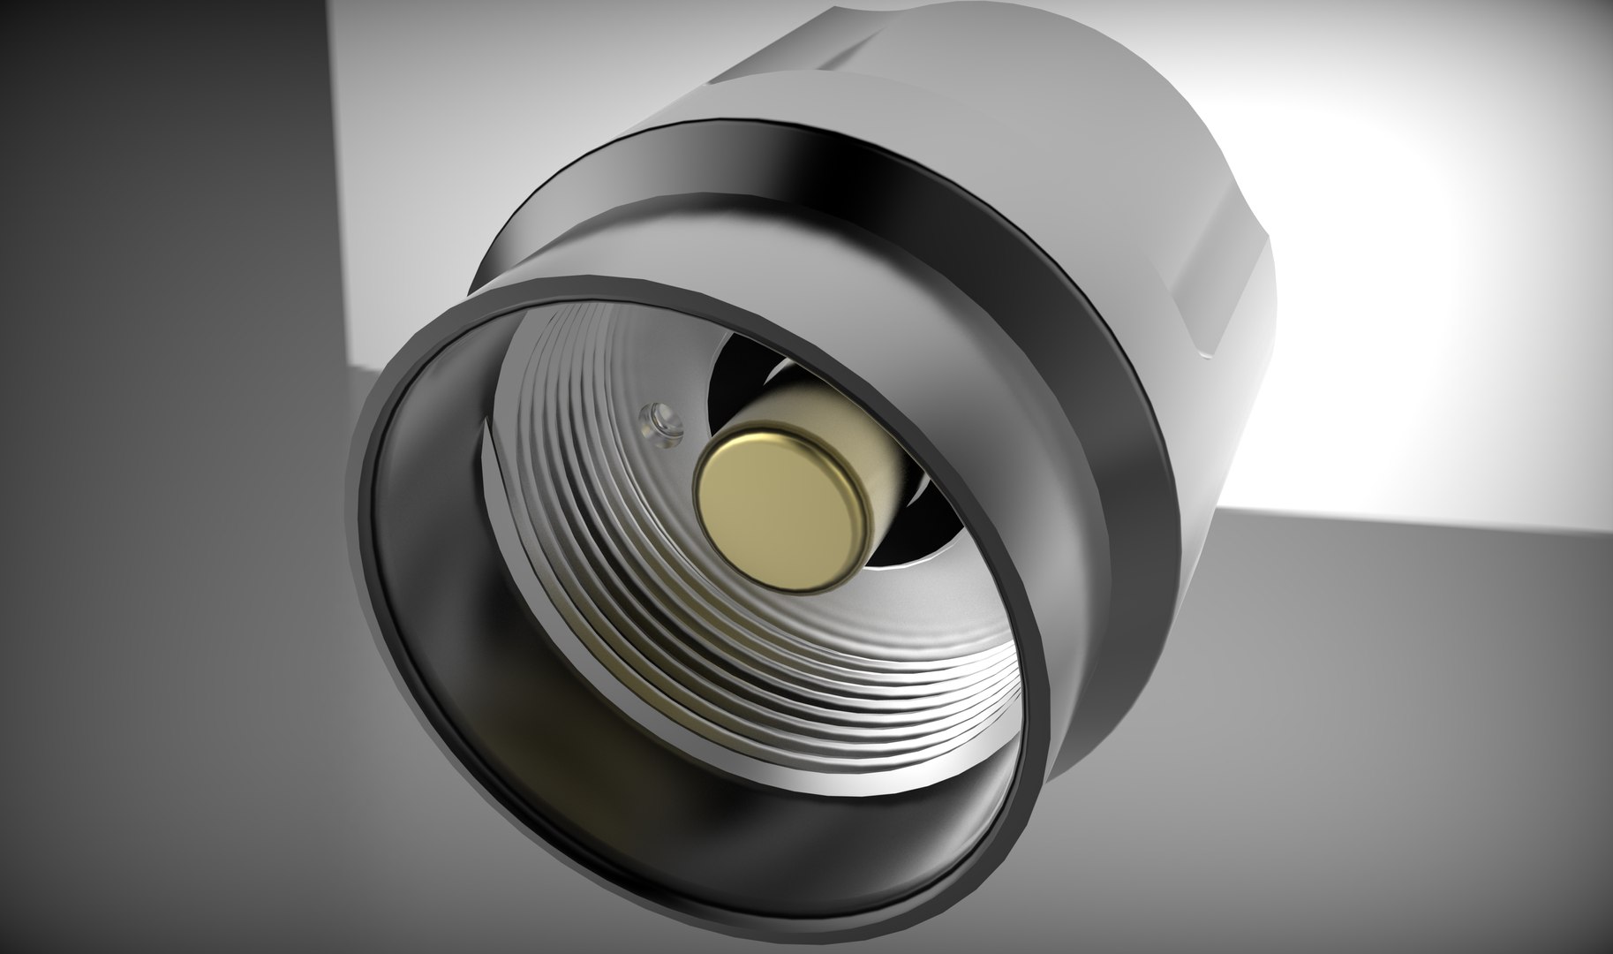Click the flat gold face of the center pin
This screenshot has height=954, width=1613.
click(x=773, y=504)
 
